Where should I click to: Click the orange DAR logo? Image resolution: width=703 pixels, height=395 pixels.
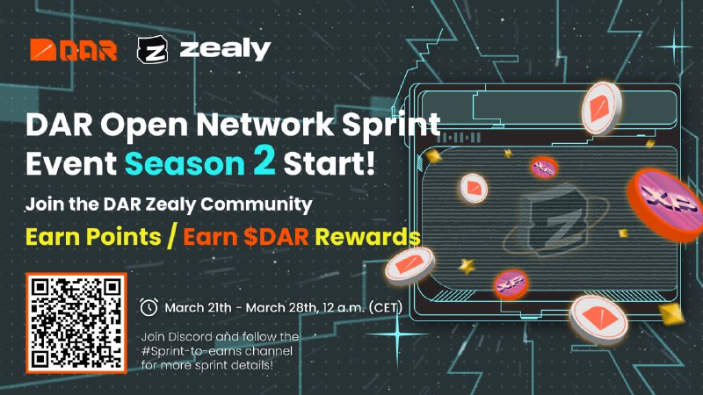(74, 49)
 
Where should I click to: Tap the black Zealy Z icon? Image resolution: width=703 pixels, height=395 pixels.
(152, 49)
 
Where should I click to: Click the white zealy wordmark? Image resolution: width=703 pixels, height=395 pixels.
(225, 50)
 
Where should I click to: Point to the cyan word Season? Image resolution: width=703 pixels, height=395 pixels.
(185, 163)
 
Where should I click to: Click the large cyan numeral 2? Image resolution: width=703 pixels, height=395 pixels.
(264, 160)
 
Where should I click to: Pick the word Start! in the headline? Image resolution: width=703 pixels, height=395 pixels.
(329, 163)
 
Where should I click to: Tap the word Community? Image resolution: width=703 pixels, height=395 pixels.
(256, 205)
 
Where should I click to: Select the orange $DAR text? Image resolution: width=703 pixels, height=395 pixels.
(276, 236)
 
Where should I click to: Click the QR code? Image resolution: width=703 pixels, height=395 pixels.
(76, 323)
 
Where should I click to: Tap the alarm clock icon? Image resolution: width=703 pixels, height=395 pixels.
(149, 307)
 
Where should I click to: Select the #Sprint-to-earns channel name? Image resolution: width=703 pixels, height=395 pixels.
(217, 350)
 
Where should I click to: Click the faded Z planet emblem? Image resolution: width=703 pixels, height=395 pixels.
(556, 220)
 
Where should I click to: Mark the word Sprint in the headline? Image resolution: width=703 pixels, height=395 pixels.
(391, 125)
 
